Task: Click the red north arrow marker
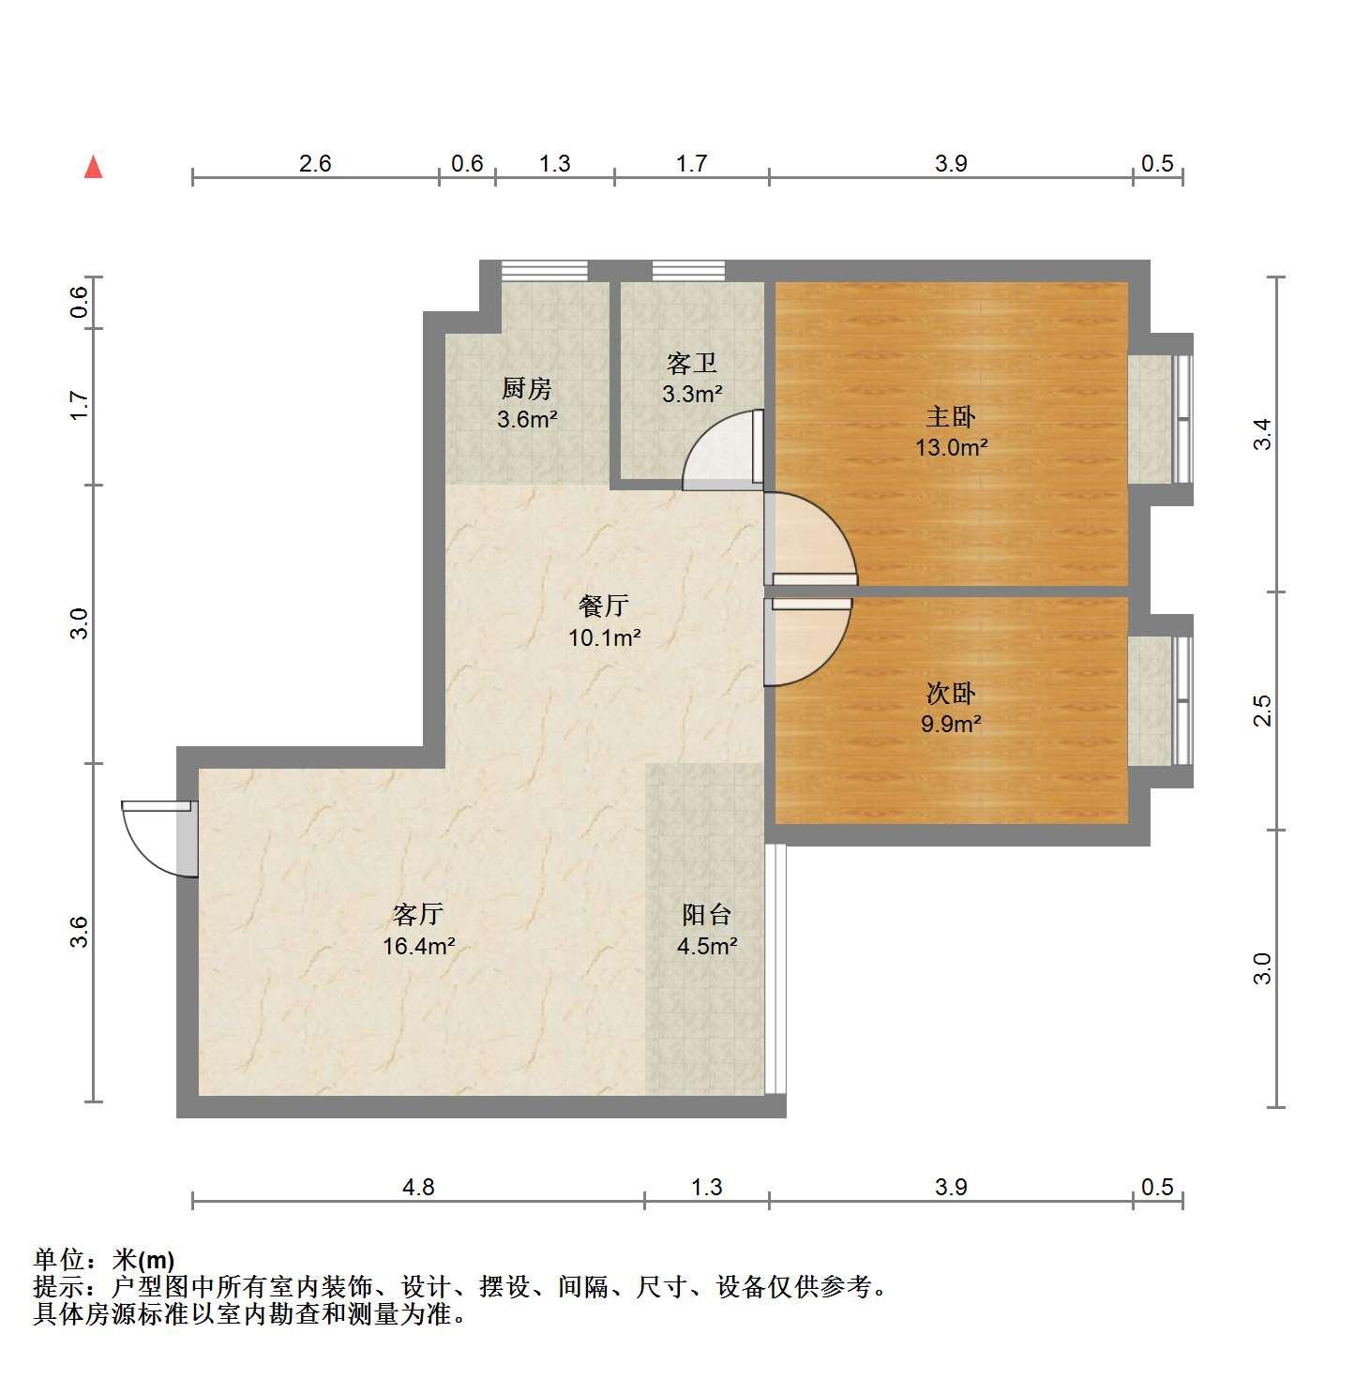coord(93,167)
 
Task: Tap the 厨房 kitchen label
coord(527,388)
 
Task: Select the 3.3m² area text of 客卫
coord(692,394)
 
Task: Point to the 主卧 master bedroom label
coord(951,416)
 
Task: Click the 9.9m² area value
coord(951,724)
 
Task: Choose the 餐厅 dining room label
coord(604,606)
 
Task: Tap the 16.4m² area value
coord(418,946)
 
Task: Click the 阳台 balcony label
coord(707,915)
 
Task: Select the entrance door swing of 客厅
coord(158,838)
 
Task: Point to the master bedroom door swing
coord(810,539)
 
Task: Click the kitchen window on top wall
coord(544,270)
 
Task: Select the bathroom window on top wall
coord(688,270)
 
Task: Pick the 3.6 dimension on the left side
coord(80,932)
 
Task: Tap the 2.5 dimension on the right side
coord(1263,711)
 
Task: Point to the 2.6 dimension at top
coord(315,164)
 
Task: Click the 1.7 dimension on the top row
coord(692,164)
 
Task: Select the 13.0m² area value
coord(952,447)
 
